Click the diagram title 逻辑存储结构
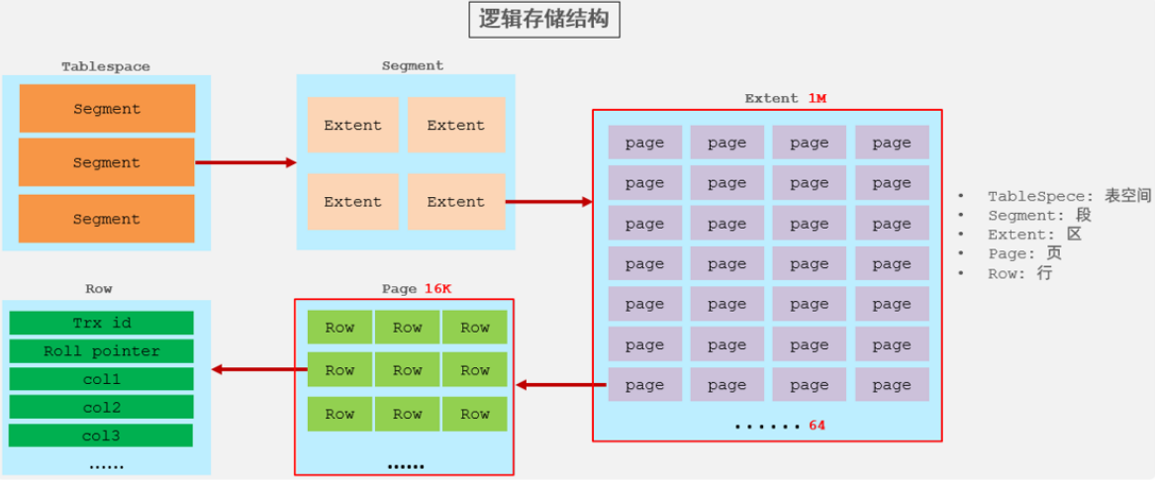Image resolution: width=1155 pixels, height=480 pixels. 543,20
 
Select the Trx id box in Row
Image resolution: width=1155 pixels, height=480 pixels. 101,324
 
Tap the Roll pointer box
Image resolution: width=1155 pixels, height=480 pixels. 101,351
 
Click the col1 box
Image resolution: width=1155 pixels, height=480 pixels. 101,379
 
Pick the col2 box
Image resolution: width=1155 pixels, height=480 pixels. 101,407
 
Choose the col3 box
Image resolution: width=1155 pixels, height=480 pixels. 101,435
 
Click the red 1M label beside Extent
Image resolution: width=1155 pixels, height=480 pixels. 817,98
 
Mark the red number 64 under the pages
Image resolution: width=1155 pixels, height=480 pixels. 817,426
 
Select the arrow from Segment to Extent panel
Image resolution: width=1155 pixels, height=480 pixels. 548,202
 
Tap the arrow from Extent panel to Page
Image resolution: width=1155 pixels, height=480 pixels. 561,385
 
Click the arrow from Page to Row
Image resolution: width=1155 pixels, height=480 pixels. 259,370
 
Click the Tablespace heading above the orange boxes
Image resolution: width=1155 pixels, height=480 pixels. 106,66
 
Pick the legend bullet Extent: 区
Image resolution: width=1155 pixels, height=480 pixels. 1034,235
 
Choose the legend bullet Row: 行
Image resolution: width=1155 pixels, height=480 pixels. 1019,273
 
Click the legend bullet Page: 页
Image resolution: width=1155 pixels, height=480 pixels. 1024,254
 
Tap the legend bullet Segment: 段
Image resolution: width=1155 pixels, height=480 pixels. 1039,216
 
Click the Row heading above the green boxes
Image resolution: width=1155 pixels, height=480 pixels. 99,289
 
